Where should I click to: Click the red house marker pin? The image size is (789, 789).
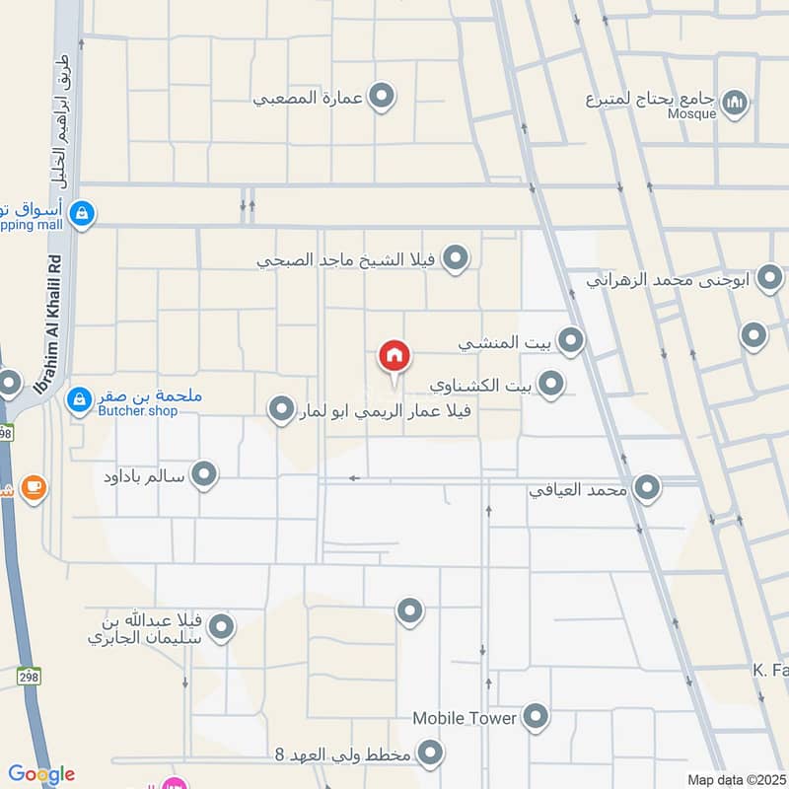pyautogui.click(x=394, y=355)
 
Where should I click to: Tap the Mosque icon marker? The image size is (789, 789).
pyautogui.click(x=735, y=102)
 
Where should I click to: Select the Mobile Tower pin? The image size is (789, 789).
pyautogui.click(x=536, y=717)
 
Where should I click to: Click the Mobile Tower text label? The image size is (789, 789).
pyautogui.click(x=465, y=718)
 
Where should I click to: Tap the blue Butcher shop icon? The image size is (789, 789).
pyautogui.click(x=79, y=399)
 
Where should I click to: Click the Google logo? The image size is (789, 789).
pyautogui.click(x=40, y=774)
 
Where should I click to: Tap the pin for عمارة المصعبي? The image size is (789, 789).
pyautogui.click(x=382, y=97)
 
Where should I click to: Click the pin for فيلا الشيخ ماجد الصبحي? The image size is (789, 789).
pyautogui.click(x=455, y=259)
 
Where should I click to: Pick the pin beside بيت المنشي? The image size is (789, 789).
pyautogui.click(x=570, y=342)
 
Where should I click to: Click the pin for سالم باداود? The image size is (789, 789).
pyautogui.click(x=204, y=476)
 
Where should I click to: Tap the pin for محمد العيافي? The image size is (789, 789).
pyautogui.click(x=647, y=487)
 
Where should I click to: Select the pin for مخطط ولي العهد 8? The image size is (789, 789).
pyautogui.click(x=430, y=755)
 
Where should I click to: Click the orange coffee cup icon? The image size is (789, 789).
pyautogui.click(x=34, y=487)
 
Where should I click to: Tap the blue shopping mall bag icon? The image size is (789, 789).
pyautogui.click(x=83, y=213)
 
